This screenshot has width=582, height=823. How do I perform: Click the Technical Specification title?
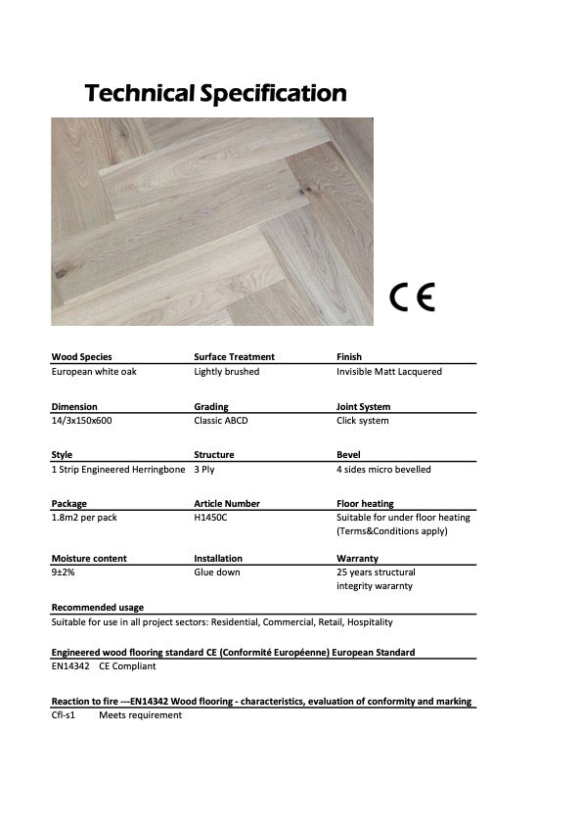[215, 94]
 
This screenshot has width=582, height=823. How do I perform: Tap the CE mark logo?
[412, 296]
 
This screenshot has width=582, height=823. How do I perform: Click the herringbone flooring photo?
[212, 221]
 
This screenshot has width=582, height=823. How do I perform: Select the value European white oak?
[94, 372]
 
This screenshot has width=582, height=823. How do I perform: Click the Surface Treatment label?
[235, 357]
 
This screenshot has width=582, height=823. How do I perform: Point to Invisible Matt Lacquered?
[389, 372]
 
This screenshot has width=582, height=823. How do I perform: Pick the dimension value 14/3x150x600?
[82, 421]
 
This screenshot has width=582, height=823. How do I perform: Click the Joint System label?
[363, 407]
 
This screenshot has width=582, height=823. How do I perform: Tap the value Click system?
[363, 421]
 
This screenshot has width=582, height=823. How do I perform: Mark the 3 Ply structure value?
[205, 470]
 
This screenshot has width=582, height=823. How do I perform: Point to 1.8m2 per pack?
[82, 518]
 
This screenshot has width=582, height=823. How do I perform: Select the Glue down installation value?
[217, 572]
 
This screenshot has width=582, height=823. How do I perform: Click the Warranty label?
[357, 559]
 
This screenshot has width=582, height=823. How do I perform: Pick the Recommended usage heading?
[97, 608]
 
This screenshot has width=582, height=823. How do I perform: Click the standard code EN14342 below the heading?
[70, 666]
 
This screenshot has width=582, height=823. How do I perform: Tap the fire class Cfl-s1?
[65, 715]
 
